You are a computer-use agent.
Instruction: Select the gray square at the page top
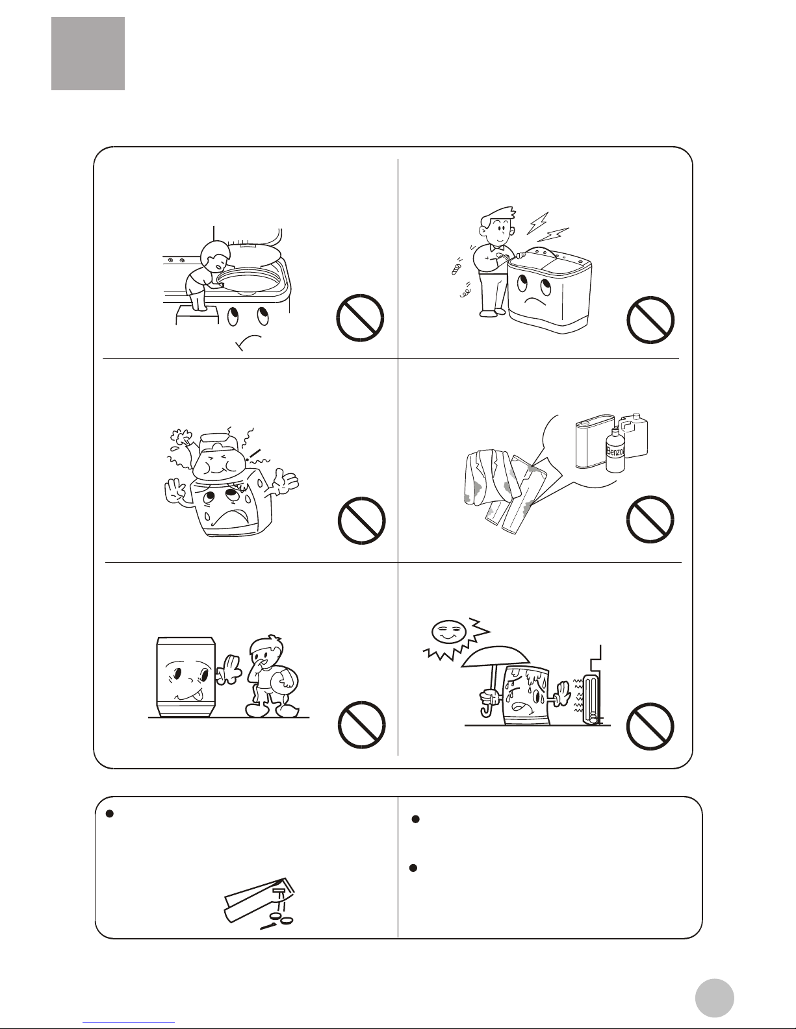[x=88, y=53]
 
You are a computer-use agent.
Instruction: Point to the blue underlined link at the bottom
[x=129, y=1023]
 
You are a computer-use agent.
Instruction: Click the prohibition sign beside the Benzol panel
[x=650, y=519]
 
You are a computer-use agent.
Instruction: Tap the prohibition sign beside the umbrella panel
[x=650, y=726]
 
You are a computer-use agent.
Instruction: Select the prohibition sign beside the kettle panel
[x=361, y=521]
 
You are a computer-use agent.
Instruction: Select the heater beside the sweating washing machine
[x=592, y=699]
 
